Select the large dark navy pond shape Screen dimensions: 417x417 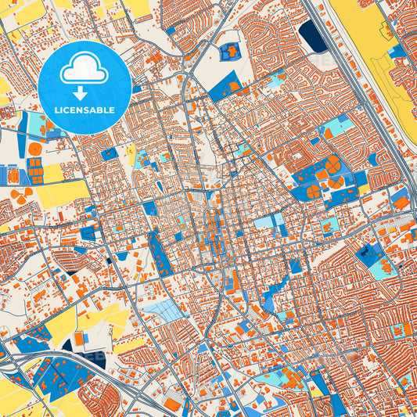(313, 36)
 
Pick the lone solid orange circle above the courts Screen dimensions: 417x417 (35, 149)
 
